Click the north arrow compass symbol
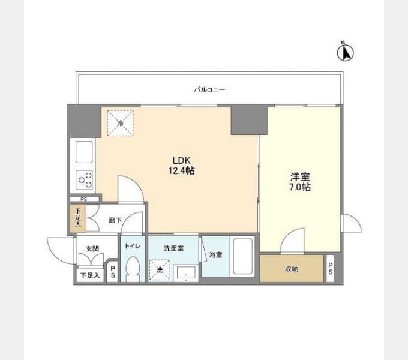pos(345,52)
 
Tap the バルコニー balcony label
pos(210,90)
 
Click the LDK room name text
pos(182,160)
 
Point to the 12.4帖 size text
pos(182,170)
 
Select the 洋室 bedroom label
pos(300,177)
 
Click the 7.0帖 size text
pos(300,187)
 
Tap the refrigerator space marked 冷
pos(121,123)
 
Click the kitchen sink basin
pos(84,152)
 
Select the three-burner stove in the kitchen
pos(84,180)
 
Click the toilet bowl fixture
pos(133,269)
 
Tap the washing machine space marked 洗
pos(160,270)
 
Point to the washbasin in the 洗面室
pos(186,274)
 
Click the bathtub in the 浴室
pos(243,256)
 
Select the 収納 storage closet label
pos(292,269)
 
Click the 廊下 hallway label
pos(115,220)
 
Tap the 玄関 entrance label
pos(92,248)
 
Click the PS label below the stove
pos(84,200)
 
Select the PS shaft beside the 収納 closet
pos(330,268)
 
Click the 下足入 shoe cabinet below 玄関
pos(90,275)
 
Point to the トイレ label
pos(133,246)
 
